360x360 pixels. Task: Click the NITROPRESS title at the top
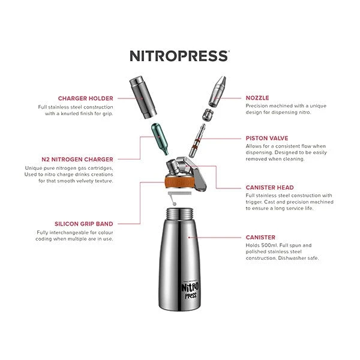tap(179, 56)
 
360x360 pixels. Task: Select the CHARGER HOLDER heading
tap(85, 98)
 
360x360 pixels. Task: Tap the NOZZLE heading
tap(257, 98)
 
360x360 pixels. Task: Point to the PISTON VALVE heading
tap(267, 138)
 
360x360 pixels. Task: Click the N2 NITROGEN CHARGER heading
tap(77, 160)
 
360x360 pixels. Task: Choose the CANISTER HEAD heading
tap(269, 188)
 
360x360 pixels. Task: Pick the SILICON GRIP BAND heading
tap(84, 224)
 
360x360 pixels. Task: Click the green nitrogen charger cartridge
tap(160, 139)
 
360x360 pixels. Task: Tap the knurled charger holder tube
tap(143, 98)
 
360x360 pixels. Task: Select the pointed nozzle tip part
tap(217, 92)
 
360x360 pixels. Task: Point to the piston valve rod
tap(197, 140)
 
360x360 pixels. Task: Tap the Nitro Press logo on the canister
tap(190, 290)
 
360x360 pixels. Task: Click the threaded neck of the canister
tap(180, 214)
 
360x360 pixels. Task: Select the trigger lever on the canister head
tap(195, 173)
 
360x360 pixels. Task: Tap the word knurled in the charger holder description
tap(70, 113)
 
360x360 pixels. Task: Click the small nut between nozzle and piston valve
tap(208, 115)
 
